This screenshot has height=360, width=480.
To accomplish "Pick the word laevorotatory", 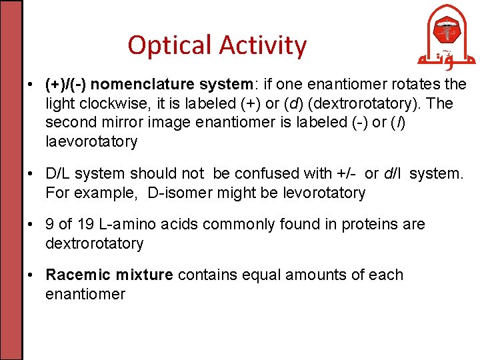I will point(91,141).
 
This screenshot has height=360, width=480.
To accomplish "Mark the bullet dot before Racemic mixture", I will point(31,275).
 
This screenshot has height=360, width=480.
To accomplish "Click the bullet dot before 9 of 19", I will point(31,225).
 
